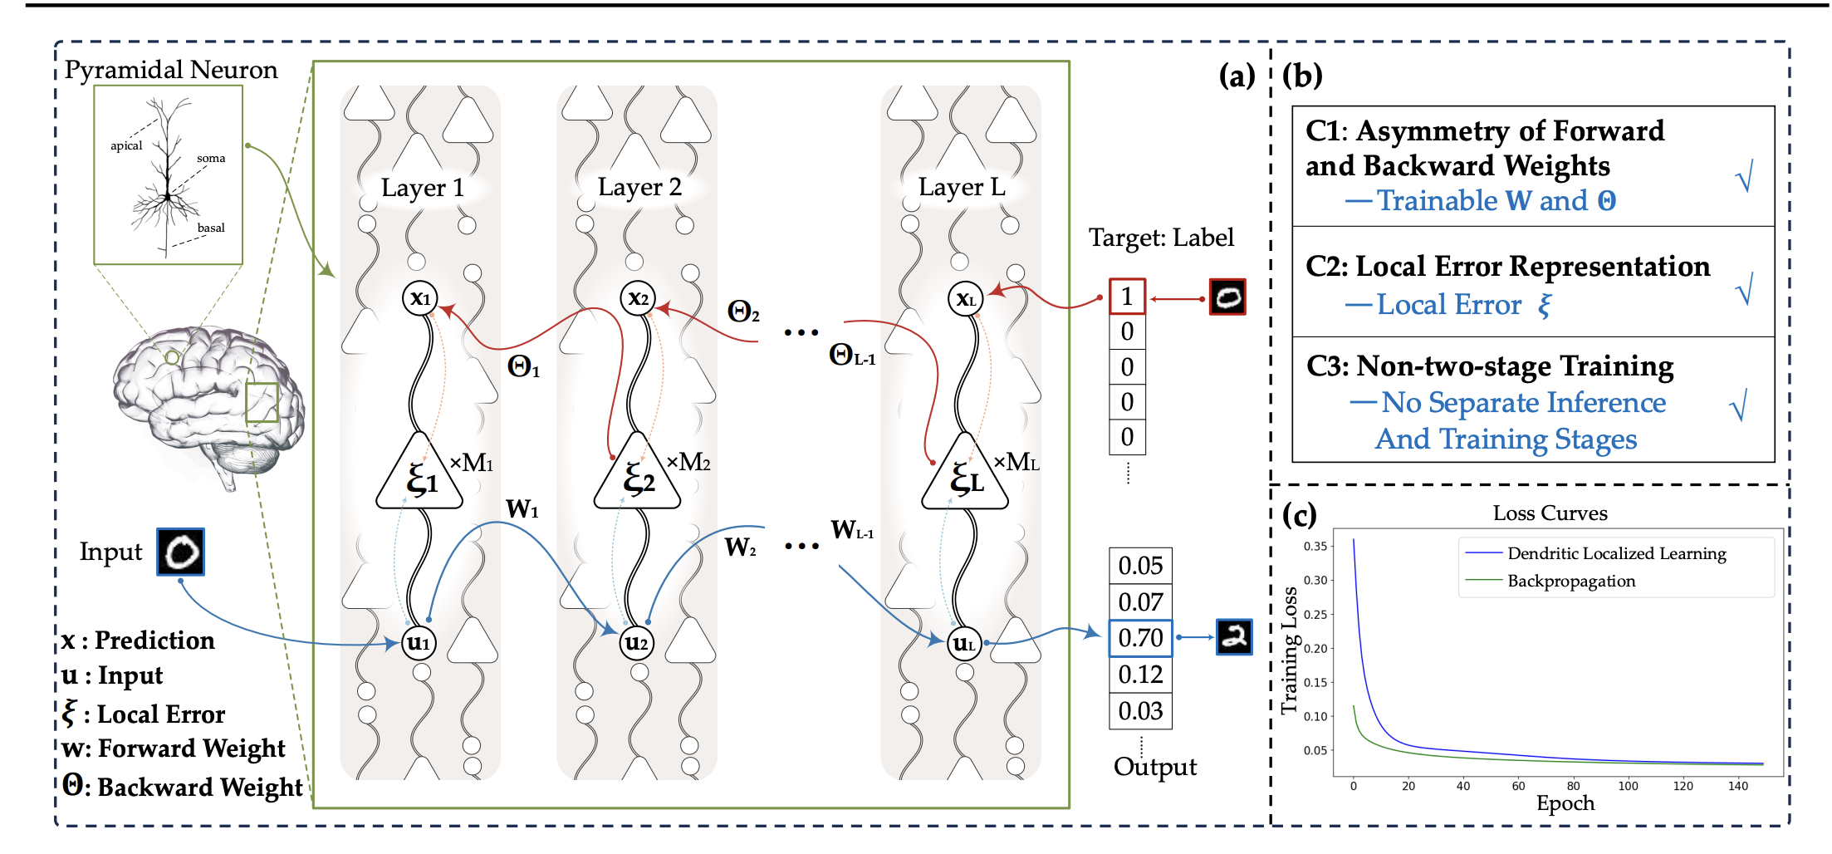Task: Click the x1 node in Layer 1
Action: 420,297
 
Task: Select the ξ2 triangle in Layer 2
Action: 637,472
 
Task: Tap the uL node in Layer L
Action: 964,643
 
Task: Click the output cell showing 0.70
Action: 1140,638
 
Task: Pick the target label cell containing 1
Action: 1127,297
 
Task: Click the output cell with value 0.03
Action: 1140,711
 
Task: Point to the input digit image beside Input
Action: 181,552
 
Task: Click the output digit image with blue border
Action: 1234,637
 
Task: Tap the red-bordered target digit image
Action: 1227,297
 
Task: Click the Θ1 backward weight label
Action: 523,366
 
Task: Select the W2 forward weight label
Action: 740,547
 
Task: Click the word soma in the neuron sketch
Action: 211,158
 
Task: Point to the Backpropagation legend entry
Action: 1550,581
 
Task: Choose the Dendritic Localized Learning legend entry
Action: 1595,553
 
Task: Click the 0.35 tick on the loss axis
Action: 1315,546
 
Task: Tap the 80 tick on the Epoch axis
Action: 1574,786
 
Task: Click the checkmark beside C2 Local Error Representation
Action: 1745,288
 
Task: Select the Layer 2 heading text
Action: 639,188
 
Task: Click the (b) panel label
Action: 1302,76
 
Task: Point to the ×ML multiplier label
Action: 1016,462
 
